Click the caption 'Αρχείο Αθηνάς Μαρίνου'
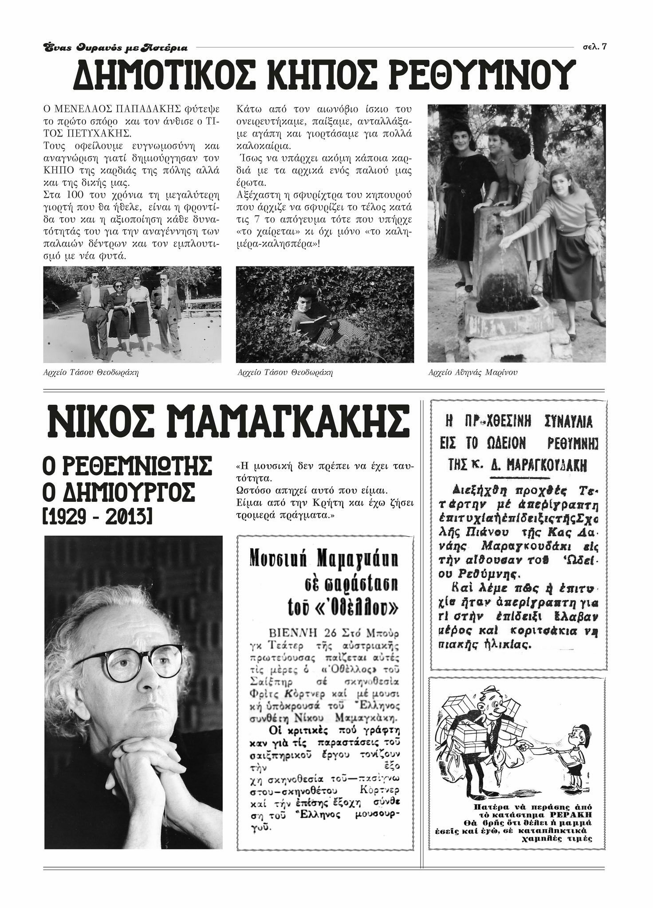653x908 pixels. pyautogui.click(x=473, y=373)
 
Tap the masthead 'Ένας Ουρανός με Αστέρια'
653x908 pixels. pyautogui.click(x=115, y=47)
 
